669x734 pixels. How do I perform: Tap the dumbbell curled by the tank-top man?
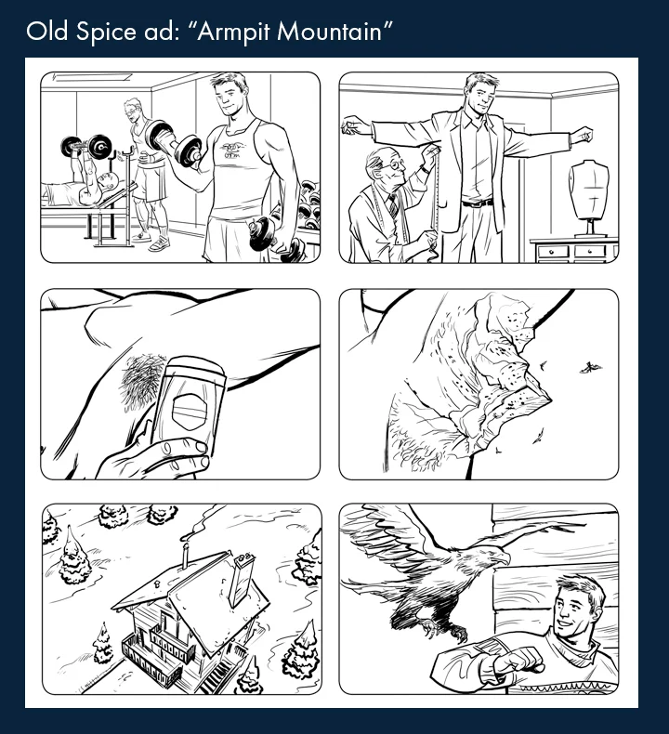pyautogui.click(x=177, y=144)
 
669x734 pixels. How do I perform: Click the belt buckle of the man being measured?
pyautogui.click(x=477, y=203)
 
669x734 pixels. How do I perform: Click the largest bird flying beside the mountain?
pyautogui.click(x=590, y=367)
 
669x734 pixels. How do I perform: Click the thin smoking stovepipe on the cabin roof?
pyautogui.click(x=187, y=557)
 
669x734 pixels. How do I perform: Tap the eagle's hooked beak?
pyautogui.click(x=502, y=559)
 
